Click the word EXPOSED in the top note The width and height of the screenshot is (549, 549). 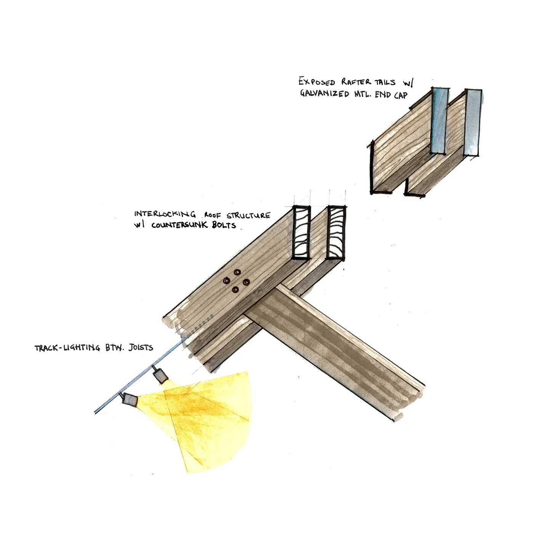[x=316, y=82]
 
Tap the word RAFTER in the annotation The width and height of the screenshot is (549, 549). [x=359, y=82]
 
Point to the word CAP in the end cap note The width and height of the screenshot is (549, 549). [x=399, y=95]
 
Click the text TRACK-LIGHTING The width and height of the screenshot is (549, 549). [x=67, y=348]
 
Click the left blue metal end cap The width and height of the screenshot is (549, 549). [x=440, y=121]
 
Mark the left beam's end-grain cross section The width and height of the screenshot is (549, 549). [x=301, y=233]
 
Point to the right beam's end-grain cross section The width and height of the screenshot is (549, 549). [x=336, y=233]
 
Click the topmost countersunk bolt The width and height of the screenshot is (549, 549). [x=238, y=272]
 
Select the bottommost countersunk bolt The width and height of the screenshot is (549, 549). [x=235, y=291]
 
